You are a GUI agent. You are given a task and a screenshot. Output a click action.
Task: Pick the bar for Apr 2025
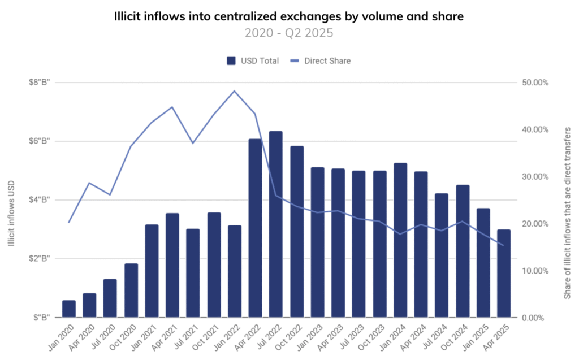tap(504, 274)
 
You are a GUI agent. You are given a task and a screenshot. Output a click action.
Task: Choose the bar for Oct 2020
tap(131, 290)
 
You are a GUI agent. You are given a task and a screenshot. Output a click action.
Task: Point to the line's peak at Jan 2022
tap(234, 90)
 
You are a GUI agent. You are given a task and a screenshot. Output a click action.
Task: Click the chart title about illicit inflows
tap(289, 16)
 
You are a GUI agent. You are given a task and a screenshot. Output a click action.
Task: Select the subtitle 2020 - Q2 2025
tap(289, 33)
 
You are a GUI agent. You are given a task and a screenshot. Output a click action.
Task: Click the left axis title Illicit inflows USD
tap(11, 212)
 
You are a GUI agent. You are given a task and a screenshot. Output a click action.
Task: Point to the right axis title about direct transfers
tap(567, 213)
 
